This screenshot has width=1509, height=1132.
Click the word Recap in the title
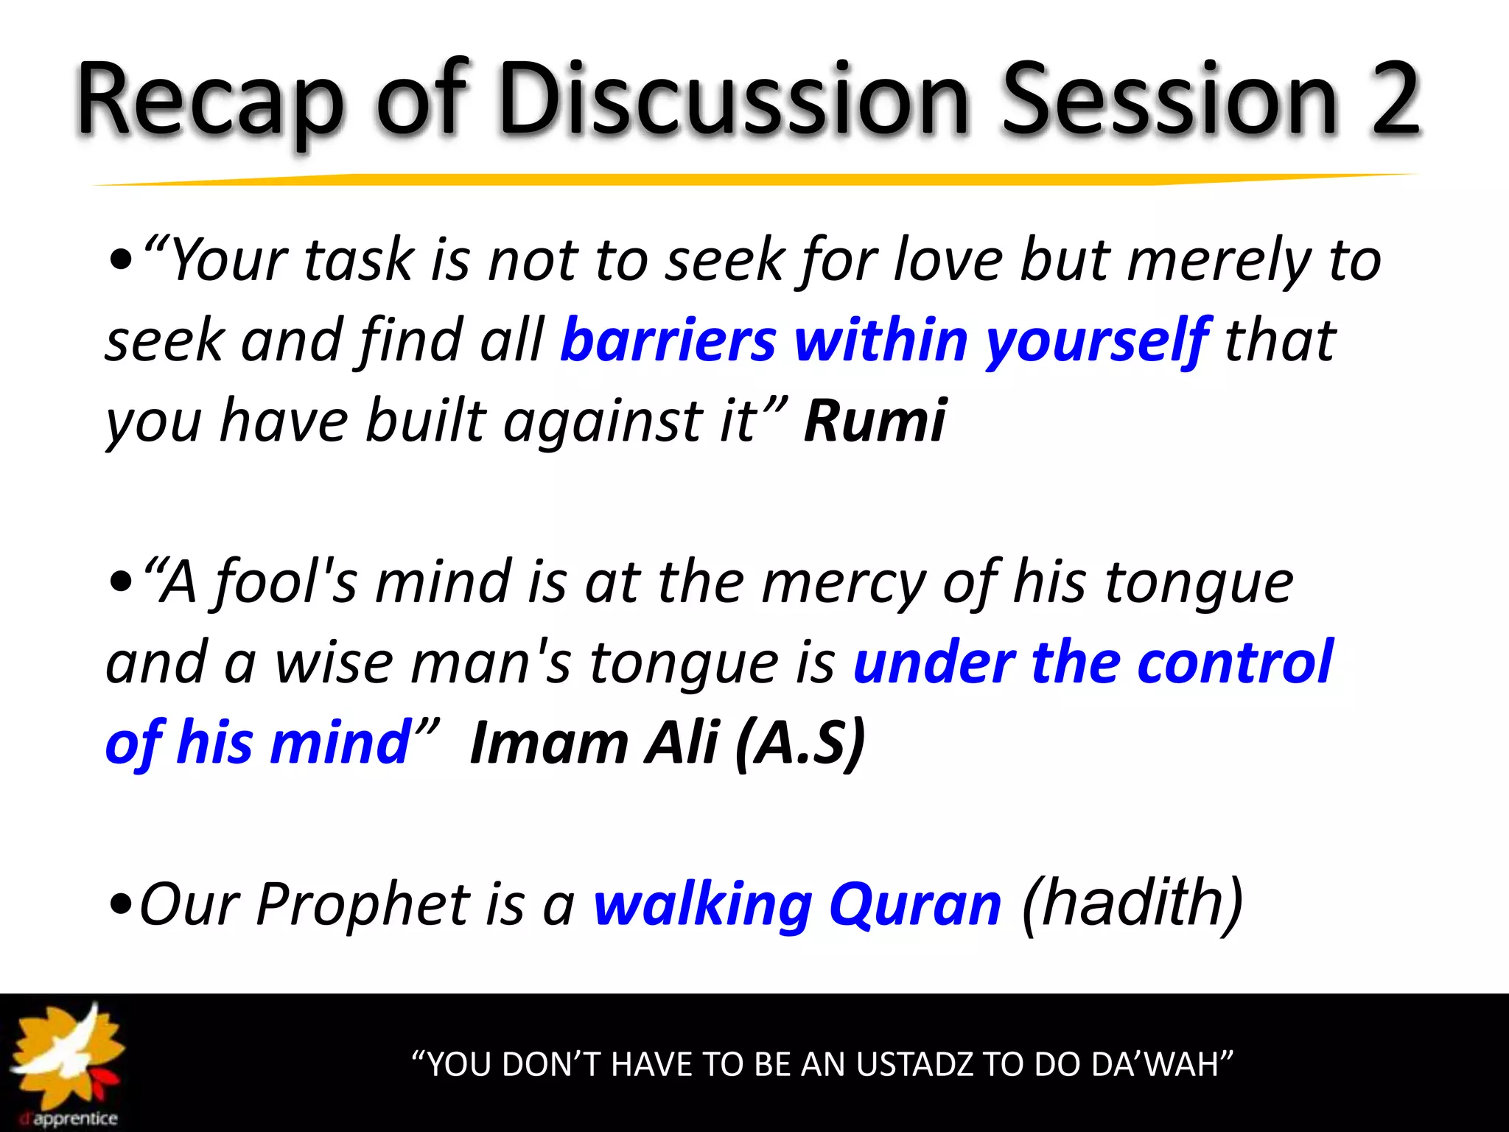coord(210,99)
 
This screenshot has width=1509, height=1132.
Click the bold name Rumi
coord(875,421)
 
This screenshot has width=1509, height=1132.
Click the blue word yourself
coord(1097,340)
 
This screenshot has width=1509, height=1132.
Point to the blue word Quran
coord(915,904)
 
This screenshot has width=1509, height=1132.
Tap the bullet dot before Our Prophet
coord(120,905)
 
